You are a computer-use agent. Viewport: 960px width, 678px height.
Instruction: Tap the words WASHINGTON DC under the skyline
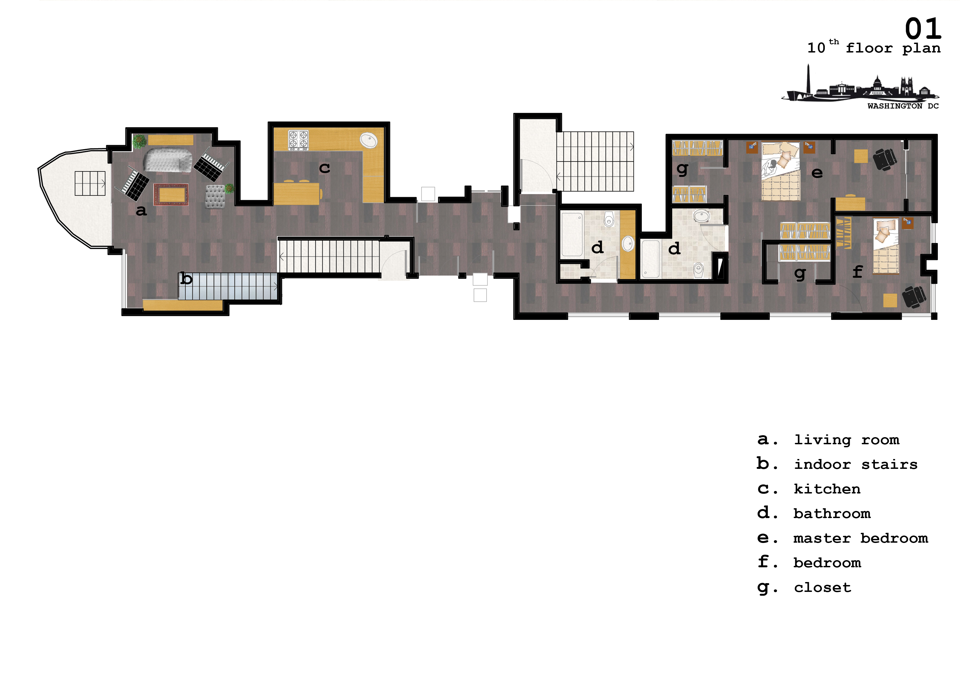(x=903, y=106)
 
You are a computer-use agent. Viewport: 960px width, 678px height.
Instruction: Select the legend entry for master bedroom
(x=843, y=538)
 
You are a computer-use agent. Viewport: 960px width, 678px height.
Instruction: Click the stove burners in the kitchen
(x=299, y=140)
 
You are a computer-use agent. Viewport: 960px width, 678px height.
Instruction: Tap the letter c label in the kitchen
(x=325, y=168)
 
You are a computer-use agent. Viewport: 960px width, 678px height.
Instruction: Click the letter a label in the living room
(x=141, y=211)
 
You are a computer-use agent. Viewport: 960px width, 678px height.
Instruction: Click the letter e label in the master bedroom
(x=817, y=173)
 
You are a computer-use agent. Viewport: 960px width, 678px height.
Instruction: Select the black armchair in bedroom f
(x=914, y=297)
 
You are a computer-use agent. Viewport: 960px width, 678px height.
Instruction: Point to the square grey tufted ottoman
(x=215, y=196)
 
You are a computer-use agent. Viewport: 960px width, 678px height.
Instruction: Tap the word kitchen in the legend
(x=827, y=489)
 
